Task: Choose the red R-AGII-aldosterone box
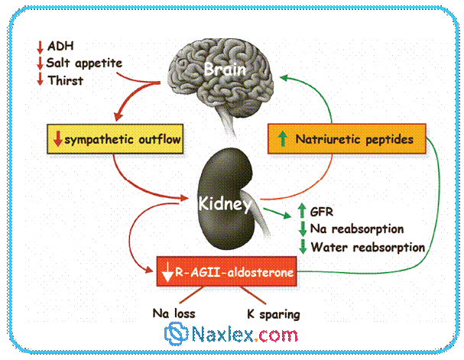[x=229, y=271]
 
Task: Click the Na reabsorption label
[x=357, y=229]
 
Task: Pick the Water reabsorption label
[x=367, y=246]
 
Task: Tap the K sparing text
[x=273, y=313]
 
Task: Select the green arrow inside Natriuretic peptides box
[x=283, y=140]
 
